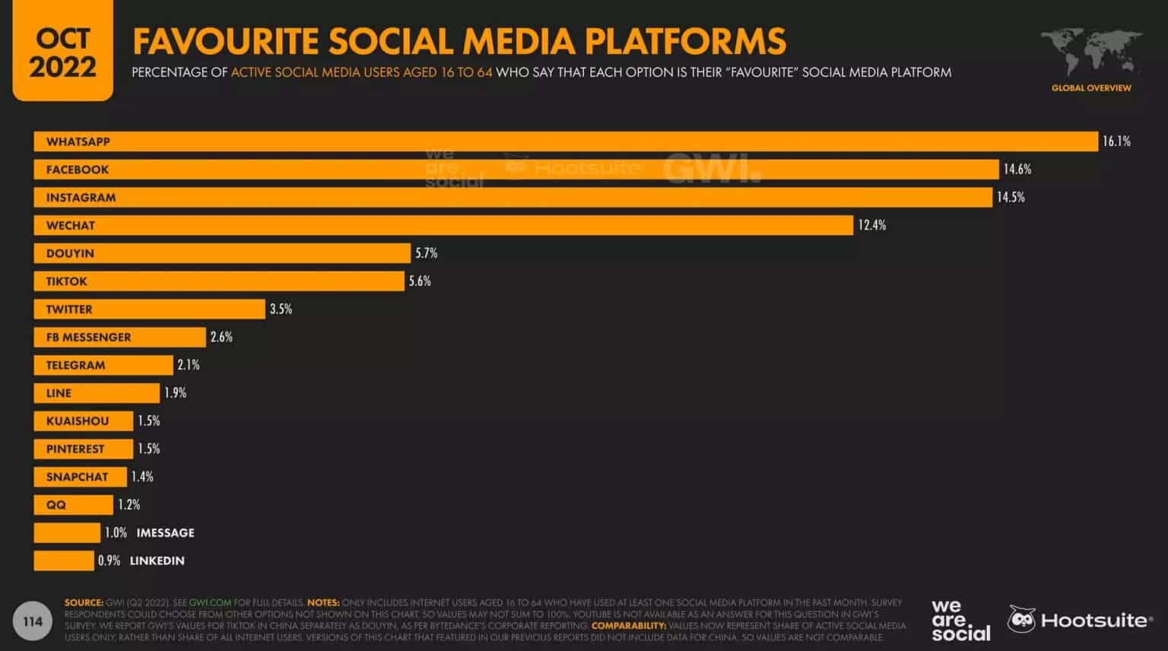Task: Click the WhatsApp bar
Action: tap(566, 141)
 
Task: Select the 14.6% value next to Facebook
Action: tap(1017, 170)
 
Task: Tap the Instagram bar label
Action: tap(81, 198)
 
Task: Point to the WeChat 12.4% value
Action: tap(871, 225)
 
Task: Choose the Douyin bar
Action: tap(222, 253)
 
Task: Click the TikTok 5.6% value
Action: tap(420, 281)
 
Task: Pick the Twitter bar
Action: tap(149, 310)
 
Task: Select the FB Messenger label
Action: tap(88, 337)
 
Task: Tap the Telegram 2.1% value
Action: tap(189, 365)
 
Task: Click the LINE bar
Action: tap(97, 393)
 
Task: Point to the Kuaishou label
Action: tap(78, 421)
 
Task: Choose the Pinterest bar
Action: tap(83, 449)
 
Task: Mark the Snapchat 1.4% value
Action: tap(142, 477)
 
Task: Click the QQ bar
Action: tap(73, 505)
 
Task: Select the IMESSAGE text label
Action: tap(165, 533)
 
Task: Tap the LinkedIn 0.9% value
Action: tap(109, 560)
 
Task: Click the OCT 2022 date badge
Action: tap(62, 52)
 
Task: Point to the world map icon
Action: tap(1090, 52)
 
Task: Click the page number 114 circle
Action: tap(33, 621)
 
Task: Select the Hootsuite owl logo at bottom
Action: tap(1022, 620)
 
